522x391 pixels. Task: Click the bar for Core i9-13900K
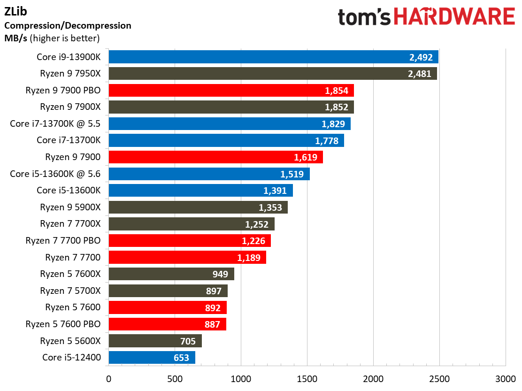click(x=273, y=57)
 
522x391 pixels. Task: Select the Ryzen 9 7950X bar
click(x=273, y=74)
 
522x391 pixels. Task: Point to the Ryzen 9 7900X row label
click(x=70, y=107)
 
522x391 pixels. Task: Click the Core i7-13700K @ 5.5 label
click(x=55, y=123)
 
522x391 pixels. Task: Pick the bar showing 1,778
click(x=226, y=140)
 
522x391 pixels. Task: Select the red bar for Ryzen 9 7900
click(x=215, y=157)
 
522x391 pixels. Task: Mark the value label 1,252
click(x=258, y=224)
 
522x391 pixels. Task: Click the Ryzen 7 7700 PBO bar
click(x=190, y=241)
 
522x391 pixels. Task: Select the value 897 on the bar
click(x=214, y=291)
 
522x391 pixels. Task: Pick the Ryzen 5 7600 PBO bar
click(x=167, y=324)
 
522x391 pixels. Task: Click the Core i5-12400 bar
click(x=152, y=357)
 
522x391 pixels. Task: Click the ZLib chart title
click(x=15, y=11)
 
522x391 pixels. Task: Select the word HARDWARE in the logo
click(x=454, y=17)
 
